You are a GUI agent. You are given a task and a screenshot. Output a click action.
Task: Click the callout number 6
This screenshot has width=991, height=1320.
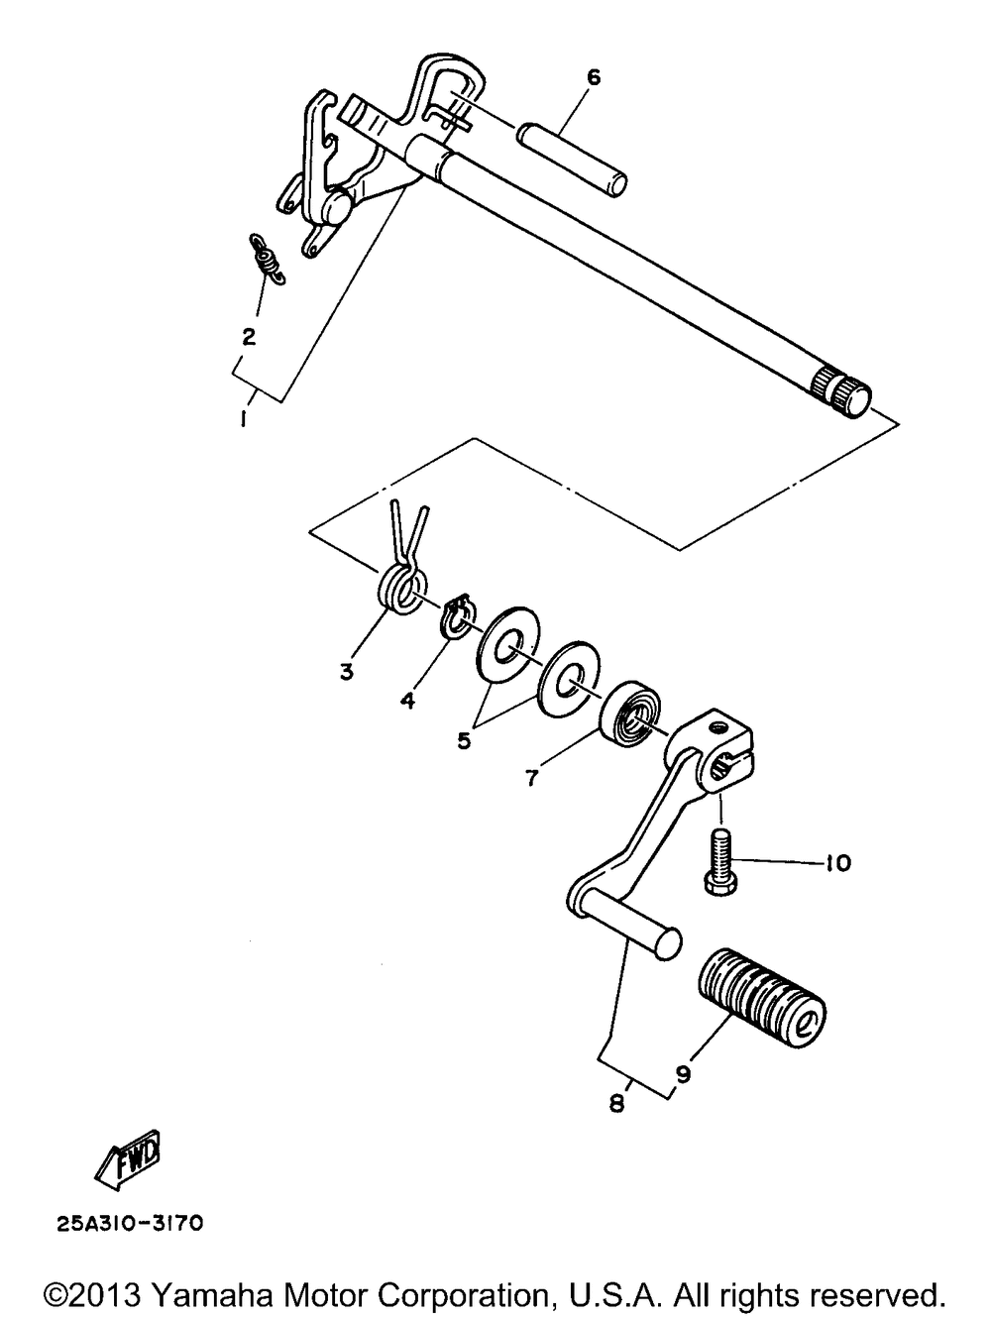pyautogui.click(x=594, y=77)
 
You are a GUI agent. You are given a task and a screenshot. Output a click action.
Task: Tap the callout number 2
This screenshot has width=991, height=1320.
pyautogui.click(x=249, y=336)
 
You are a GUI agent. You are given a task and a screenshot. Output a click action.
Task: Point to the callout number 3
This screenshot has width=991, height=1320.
pyautogui.click(x=346, y=672)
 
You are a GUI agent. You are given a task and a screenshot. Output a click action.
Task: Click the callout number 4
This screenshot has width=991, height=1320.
pyautogui.click(x=407, y=701)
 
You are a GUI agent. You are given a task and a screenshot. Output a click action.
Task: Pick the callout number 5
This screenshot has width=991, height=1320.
pyautogui.click(x=464, y=739)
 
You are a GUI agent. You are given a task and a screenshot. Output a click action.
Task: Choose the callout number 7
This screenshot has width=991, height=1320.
pyautogui.click(x=531, y=778)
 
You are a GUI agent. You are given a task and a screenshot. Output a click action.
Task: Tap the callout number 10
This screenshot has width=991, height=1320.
pyautogui.click(x=837, y=864)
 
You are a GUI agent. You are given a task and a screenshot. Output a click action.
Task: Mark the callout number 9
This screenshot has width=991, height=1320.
pyautogui.click(x=682, y=1072)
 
